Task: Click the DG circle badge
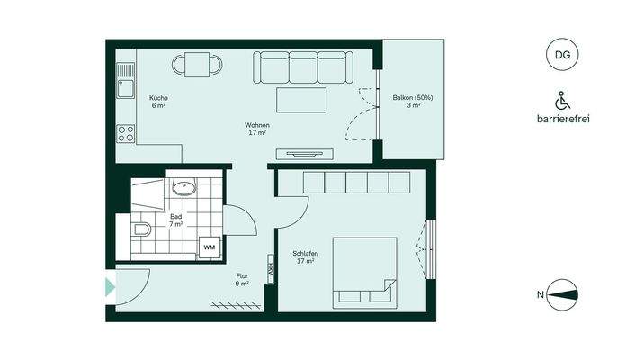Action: point(562,55)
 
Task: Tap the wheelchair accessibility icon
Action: point(562,99)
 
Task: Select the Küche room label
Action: point(159,101)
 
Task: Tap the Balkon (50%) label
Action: point(414,101)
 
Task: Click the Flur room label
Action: point(242,280)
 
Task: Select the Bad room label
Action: point(176,220)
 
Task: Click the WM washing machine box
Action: point(209,247)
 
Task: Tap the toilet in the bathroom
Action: point(140,231)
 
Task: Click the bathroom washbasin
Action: point(185,189)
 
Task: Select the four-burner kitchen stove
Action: point(125,135)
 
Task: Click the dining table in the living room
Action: point(197,63)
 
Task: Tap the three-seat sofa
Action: point(300,67)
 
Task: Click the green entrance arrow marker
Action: point(111,288)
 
